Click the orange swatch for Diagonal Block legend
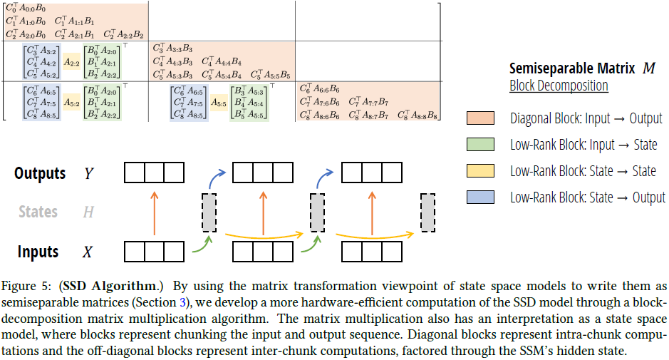tap(481, 118)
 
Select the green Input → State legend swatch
tap(481, 145)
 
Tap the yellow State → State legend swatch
tap(481, 171)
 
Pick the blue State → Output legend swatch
tap(481, 197)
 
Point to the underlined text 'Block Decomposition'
tap(559, 86)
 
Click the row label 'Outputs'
tap(40, 173)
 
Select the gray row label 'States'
tap(38, 212)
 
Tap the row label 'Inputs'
tap(38, 252)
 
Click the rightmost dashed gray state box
tap(428, 212)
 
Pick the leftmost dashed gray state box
tap(209, 212)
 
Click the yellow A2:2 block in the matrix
tap(71, 62)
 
